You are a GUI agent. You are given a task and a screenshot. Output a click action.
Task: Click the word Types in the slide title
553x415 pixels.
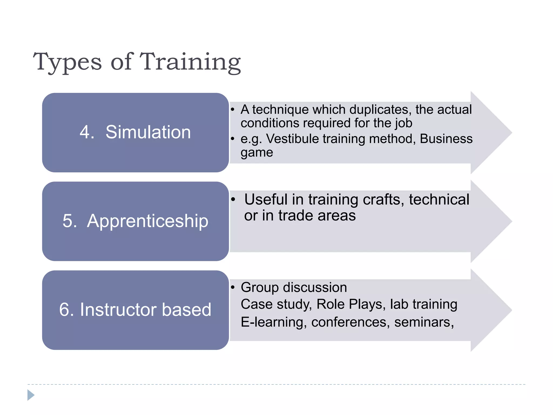coord(67,62)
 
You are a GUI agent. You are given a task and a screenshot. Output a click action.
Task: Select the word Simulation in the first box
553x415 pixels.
coord(148,132)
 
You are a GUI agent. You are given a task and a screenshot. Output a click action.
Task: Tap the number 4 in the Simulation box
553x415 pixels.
coord(85,132)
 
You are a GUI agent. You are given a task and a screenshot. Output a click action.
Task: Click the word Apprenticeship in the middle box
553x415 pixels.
coord(147,221)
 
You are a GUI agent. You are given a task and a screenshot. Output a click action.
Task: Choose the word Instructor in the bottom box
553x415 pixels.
coord(118,310)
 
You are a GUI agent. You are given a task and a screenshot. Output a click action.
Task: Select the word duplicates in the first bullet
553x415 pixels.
coord(380,110)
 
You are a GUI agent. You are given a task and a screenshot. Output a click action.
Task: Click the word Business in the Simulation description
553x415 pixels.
coord(446,139)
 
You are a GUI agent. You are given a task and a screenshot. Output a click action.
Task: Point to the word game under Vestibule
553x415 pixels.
coord(257,153)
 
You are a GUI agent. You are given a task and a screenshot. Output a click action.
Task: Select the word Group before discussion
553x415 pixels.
coord(259,287)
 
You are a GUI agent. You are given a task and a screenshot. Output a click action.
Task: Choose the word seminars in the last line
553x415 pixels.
coord(424,322)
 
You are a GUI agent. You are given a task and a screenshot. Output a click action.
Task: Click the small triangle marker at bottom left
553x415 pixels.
coord(31,395)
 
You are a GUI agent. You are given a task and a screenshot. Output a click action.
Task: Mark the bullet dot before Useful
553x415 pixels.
coord(233,200)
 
